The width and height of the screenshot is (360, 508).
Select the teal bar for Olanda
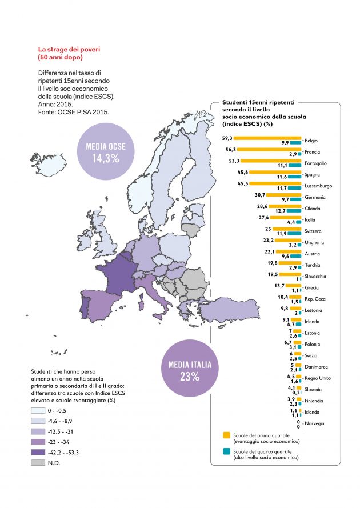294,211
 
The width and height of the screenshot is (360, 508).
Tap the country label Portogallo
317,163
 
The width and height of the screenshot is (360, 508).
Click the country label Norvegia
315,423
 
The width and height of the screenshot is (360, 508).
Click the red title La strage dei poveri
69,49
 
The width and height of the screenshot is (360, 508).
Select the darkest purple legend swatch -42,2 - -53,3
42,451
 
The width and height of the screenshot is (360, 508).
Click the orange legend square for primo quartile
227,435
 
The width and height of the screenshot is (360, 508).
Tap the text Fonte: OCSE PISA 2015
74,112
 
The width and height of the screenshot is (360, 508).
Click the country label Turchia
313,265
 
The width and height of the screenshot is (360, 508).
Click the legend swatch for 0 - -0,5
42,410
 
